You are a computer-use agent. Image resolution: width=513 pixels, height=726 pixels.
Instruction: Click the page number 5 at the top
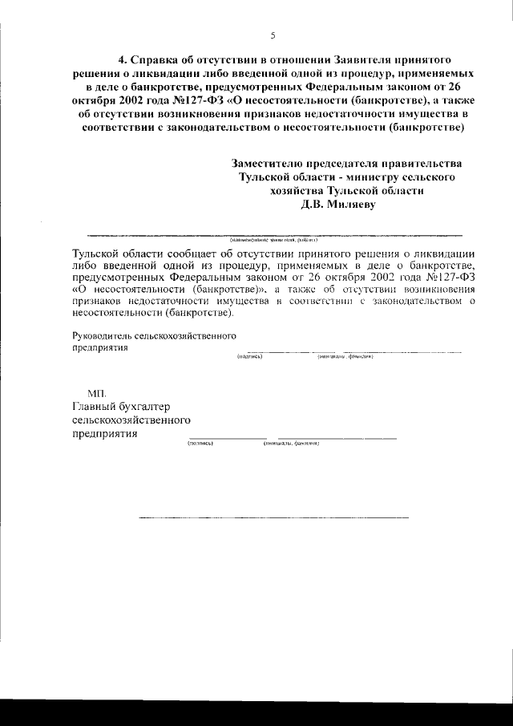pyautogui.click(x=273, y=34)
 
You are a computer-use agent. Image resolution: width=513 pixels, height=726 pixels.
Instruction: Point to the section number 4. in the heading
pyautogui.click(x=123, y=60)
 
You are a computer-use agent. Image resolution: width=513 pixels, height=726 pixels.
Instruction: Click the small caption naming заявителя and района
pyautogui.click(x=274, y=239)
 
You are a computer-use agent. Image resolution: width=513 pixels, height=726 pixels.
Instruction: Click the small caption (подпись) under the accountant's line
pyautogui.click(x=200, y=443)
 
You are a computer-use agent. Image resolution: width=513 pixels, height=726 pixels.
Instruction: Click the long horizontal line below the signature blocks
pyautogui.click(x=273, y=517)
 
